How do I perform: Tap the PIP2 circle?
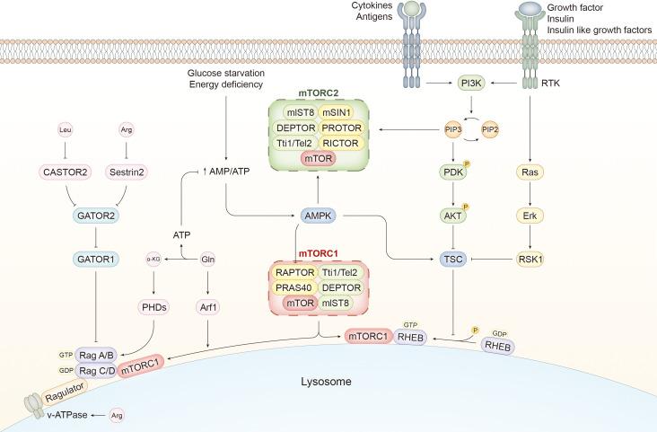pyautogui.click(x=491, y=130)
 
